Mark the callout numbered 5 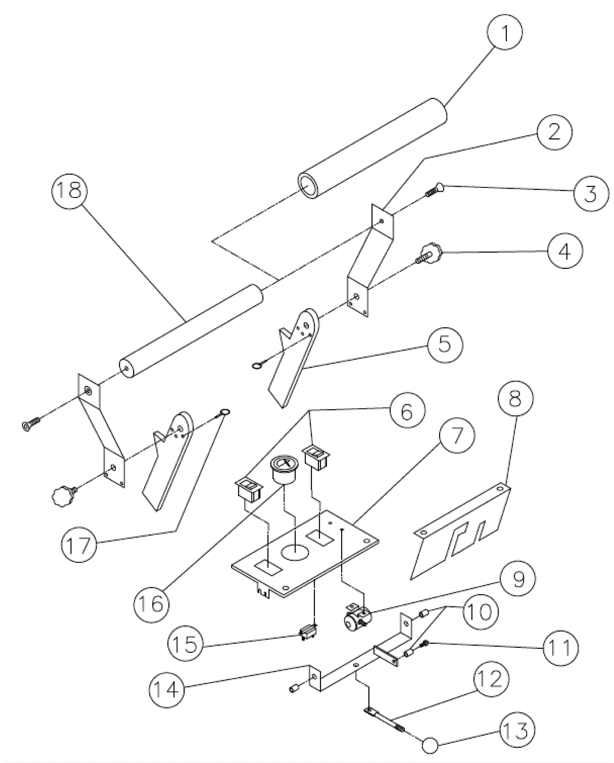tap(444, 344)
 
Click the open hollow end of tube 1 tap(307, 186)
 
